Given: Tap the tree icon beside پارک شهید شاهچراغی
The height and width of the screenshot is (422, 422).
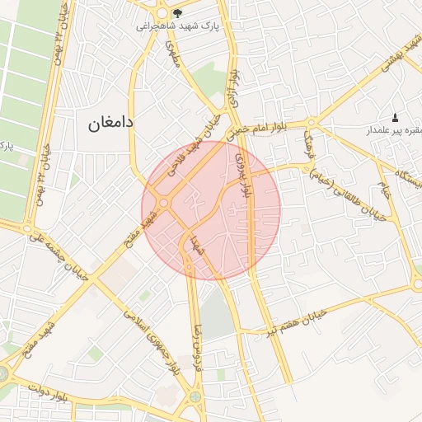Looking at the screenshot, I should [x=177, y=13].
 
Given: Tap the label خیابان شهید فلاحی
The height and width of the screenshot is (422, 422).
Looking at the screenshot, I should [x=190, y=148].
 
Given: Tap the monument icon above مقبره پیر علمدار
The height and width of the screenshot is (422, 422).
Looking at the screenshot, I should [x=395, y=118].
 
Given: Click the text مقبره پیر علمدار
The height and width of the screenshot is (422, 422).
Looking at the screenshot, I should [x=396, y=131].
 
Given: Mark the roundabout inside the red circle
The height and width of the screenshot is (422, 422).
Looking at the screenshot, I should [x=164, y=203].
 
